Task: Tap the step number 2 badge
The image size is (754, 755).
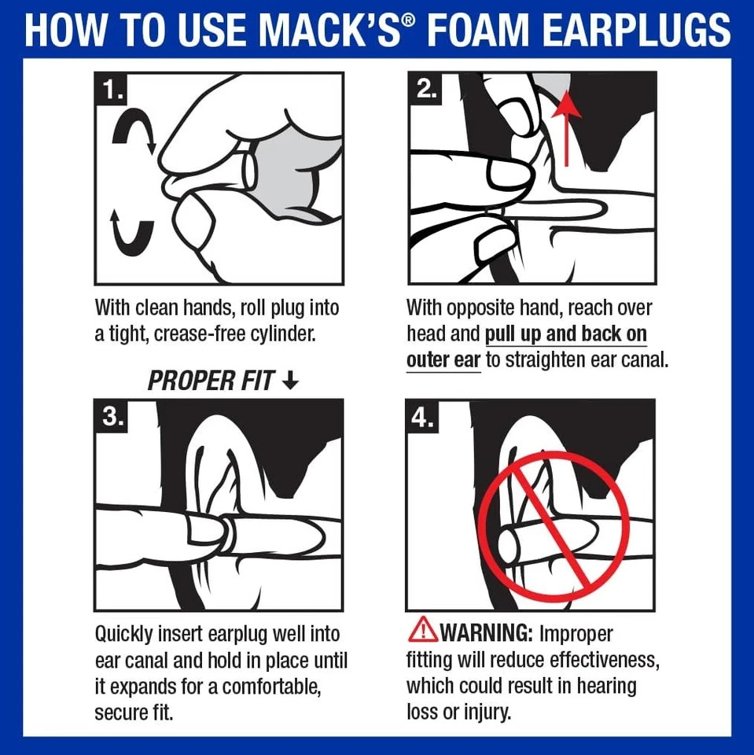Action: [425, 90]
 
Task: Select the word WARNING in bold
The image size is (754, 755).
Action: [486, 632]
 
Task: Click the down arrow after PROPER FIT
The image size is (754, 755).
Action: [290, 381]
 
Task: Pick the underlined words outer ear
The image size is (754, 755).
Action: [443, 359]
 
